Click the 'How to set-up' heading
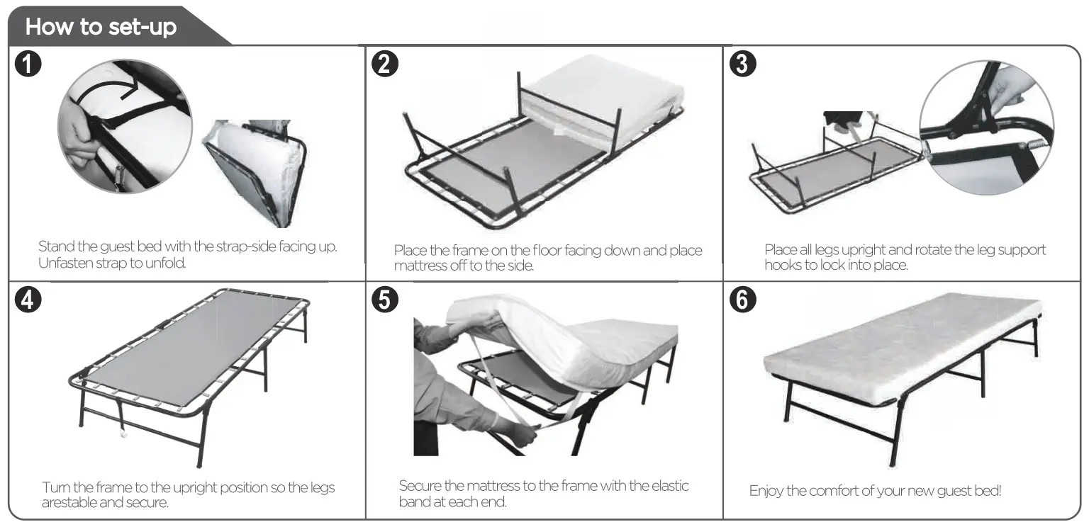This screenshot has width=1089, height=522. click(101, 28)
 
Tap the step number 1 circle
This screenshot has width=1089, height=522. click(28, 64)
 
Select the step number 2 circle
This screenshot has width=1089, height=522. click(385, 64)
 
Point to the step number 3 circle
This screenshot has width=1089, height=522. click(742, 64)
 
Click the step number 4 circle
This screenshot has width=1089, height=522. click(28, 300)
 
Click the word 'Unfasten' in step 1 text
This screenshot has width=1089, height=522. click(62, 263)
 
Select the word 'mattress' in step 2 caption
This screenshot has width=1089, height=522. click(420, 266)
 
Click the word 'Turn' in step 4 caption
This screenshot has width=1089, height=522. click(55, 488)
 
